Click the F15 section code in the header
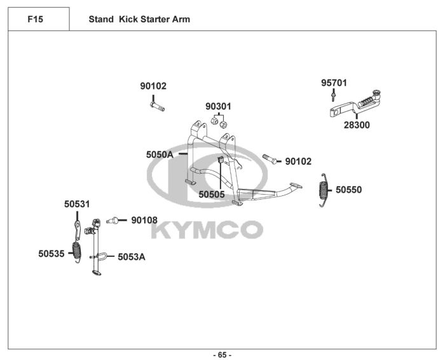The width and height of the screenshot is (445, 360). [36, 19]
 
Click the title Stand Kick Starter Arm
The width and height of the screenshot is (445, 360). [139, 19]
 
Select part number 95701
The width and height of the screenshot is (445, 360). [334, 83]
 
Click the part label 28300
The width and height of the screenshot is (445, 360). [357, 125]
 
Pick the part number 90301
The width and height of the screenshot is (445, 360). [218, 106]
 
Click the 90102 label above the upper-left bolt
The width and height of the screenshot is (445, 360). [153, 87]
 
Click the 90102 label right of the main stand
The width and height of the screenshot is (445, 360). [298, 162]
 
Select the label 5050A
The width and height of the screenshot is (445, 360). [160, 155]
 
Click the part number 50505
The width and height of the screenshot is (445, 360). [212, 195]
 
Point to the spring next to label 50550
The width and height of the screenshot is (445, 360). [324, 189]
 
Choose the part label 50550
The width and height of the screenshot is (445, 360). [348, 190]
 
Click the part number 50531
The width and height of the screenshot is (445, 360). [77, 204]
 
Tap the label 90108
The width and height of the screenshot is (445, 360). [144, 220]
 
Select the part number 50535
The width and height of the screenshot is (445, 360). [51, 253]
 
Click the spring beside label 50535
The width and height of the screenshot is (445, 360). [78, 251]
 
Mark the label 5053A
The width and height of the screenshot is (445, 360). [131, 257]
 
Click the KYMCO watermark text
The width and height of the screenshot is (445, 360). [207, 229]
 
